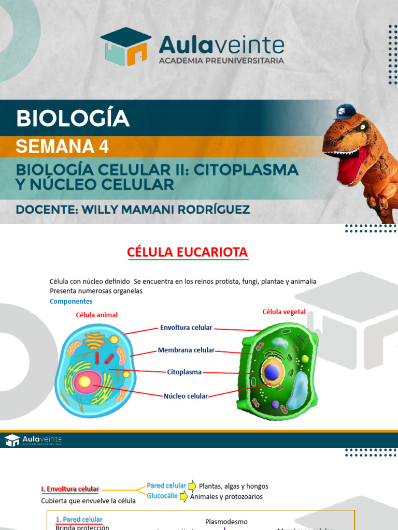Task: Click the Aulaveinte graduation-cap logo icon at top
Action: pyautogui.click(x=126, y=46)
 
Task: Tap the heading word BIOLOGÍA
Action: pyautogui.click(x=73, y=119)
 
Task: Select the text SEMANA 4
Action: pyautogui.click(x=62, y=147)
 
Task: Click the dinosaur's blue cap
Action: pyautogui.click(x=346, y=111)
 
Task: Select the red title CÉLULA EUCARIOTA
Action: pyautogui.click(x=188, y=253)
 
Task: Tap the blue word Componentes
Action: pyautogui.click(x=71, y=301)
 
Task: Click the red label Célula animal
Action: pyautogui.click(x=97, y=315)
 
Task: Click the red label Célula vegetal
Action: pyautogui.click(x=284, y=312)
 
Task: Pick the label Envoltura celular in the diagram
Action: pyautogui.click(x=186, y=328)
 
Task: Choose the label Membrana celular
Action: pyautogui.click(x=186, y=350)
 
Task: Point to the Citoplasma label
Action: pyautogui.click(x=184, y=372)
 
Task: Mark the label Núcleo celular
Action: pyautogui.click(x=186, y=396)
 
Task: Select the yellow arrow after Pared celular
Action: pyautogui.click(x=192, y=485)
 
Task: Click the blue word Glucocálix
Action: pyautogui.click(x=162, y=496)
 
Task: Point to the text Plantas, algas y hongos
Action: pyautogui.click(x=234, y=486)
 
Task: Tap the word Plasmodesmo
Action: pyautogui.click(x=226, y=522)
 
